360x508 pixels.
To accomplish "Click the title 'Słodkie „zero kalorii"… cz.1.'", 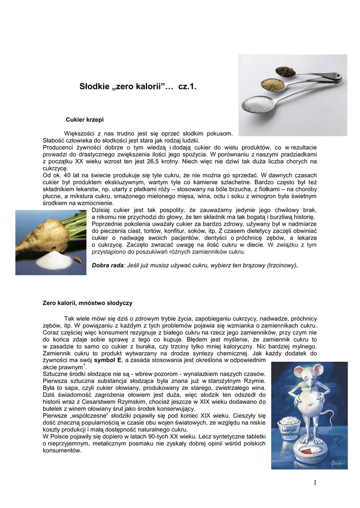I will (x=138, y=87).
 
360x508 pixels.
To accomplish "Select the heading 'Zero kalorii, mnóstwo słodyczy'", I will (x=87, y=302).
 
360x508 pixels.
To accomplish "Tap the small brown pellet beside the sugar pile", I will (x=78, y=259).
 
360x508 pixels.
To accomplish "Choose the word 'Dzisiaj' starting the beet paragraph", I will (x=102, y=210).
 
